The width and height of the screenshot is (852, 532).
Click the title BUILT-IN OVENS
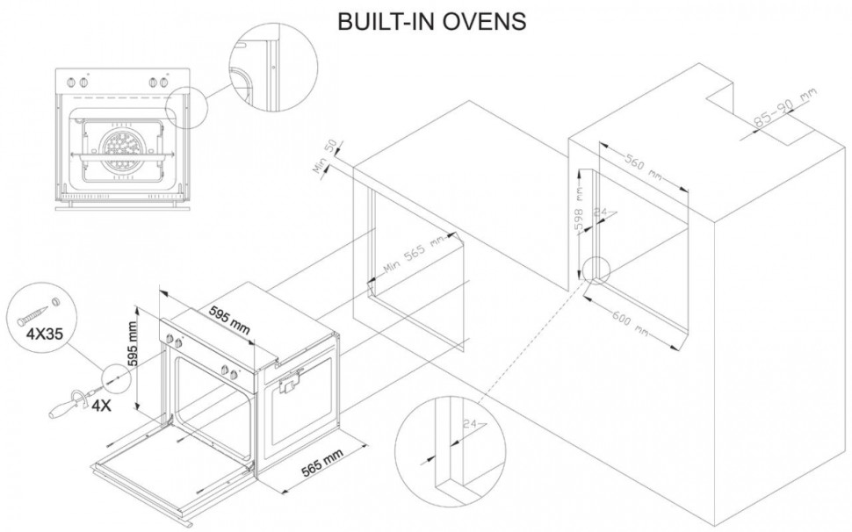[432, 22]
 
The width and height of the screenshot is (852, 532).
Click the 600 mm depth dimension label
[632, 321]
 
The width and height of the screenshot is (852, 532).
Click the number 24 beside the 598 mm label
[602, 212]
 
